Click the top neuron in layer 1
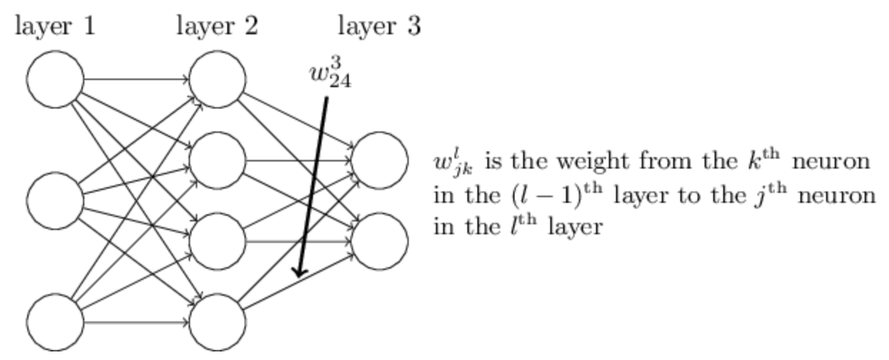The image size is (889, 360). (55, 79)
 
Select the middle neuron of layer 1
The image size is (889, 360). (55, 201)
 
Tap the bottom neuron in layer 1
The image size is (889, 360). (55, 322)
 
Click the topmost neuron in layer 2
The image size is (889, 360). (217, 79)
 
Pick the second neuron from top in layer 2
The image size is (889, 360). (217, 160)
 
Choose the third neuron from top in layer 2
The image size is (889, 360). (217, 241)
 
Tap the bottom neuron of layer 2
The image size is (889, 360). (217, 322)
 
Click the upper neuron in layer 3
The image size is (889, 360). (379, 160)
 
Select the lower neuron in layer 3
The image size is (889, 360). (379, 241)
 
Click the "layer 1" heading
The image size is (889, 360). (55, 26)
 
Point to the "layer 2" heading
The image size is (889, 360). (217, 26)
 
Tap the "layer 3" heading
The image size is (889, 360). (379, 26)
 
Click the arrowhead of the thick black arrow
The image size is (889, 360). (299, 272)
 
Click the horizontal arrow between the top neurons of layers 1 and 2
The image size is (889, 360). (136, 79)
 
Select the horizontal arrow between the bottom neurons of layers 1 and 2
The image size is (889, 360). (136, 322)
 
